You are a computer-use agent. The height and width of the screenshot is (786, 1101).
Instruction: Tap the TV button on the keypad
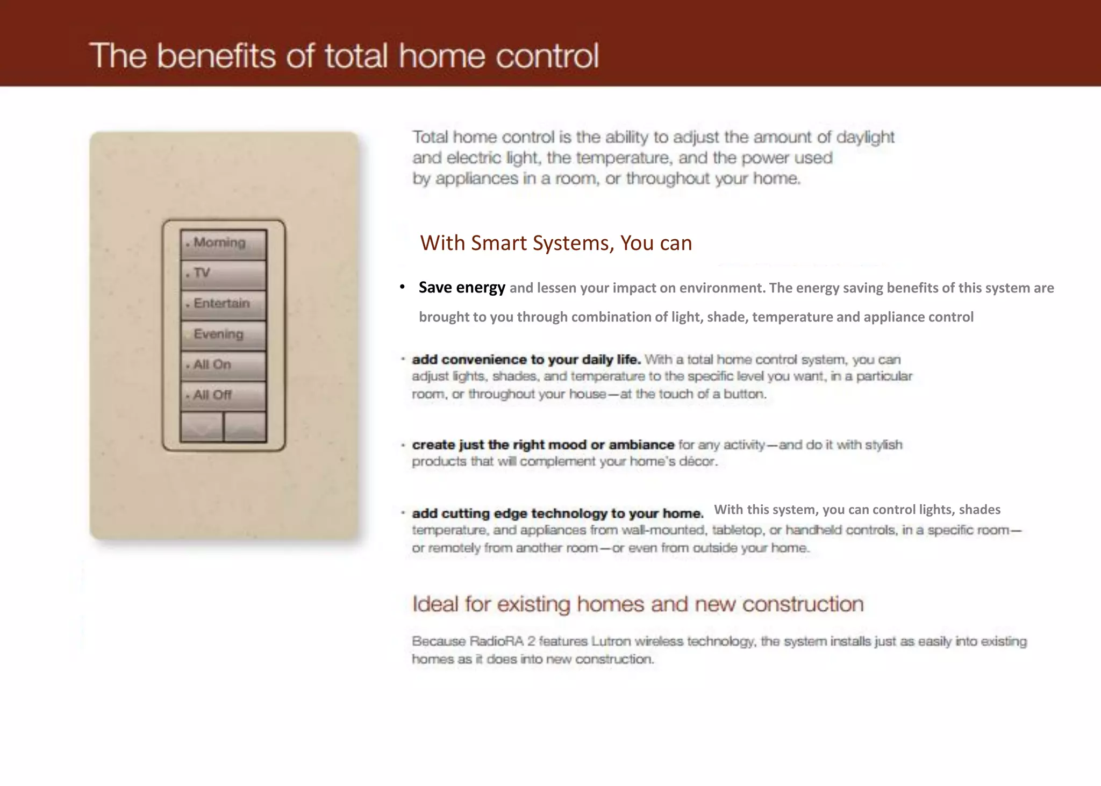223,274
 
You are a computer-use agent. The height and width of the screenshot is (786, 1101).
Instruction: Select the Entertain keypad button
223,304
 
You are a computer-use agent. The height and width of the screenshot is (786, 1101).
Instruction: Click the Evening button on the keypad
223,335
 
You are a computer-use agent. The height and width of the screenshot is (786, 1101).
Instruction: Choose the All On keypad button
223,366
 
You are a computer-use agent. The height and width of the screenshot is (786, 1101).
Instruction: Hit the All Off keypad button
223,396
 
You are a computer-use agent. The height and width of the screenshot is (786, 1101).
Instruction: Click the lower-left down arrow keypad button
202,427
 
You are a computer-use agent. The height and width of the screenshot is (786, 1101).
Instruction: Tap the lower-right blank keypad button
245,427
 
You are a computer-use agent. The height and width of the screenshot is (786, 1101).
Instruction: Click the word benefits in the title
217,56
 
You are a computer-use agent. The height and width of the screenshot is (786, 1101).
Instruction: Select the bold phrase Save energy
462,288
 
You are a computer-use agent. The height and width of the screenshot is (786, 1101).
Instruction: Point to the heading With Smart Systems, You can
556,243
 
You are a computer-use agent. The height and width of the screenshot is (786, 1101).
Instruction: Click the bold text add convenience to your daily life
526,359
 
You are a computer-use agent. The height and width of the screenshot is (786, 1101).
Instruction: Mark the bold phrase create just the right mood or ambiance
543,445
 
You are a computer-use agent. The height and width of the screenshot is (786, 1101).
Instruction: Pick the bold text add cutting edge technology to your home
557,513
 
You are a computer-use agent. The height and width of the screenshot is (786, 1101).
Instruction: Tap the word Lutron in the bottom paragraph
611,641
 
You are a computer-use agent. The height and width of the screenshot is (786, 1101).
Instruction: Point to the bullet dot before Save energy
402,288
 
